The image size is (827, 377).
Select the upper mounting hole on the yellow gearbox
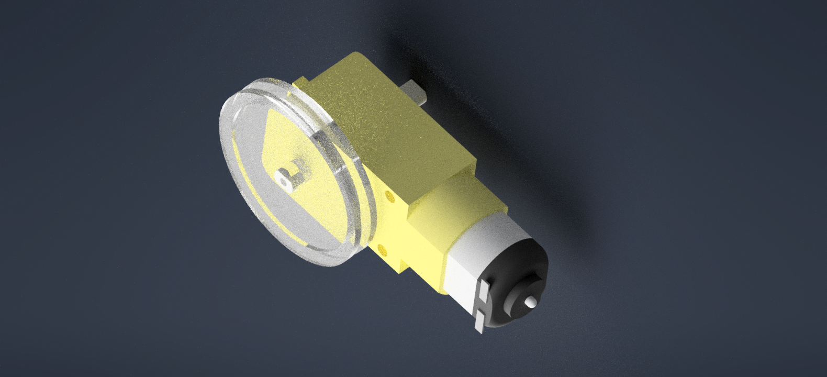389,197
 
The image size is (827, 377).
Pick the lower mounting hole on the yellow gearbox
382,247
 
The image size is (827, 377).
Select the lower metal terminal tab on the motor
479,320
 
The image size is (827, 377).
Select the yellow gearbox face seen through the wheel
314,199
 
